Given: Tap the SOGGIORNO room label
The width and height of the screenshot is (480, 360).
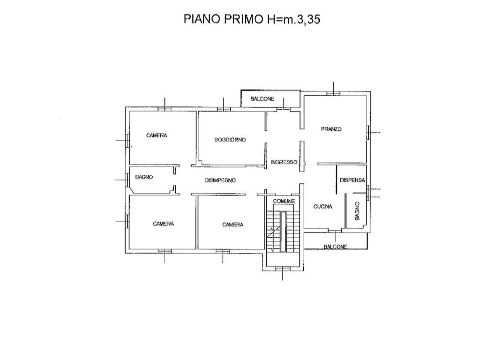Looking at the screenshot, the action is [x=230, y=140].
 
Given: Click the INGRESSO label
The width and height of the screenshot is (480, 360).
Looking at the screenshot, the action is [x=284, y=162].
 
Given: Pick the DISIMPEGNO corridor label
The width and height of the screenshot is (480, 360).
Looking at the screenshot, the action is [x=220, y=180].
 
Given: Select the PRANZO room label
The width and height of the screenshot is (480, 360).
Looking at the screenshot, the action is [x=331, y=129].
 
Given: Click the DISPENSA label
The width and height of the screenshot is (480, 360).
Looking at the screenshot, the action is [x=352, y=180].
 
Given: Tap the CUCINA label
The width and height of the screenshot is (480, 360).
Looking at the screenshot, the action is [x=322, y=207].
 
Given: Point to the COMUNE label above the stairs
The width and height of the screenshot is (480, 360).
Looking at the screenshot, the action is [x=284, y=201].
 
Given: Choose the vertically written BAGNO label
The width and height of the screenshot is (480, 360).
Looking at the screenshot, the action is [x=357, y=210].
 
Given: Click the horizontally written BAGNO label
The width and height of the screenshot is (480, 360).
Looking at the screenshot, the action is [x=144, y=177].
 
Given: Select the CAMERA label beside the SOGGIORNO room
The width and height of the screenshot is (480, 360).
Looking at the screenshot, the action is [x=157, y=135].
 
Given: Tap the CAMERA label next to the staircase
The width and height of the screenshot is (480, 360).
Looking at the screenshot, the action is [x=232, y=225].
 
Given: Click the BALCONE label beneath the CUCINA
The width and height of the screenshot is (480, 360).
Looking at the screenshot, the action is [x=336, y=247].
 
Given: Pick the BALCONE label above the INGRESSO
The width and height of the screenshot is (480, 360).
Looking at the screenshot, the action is [x=262, y=99].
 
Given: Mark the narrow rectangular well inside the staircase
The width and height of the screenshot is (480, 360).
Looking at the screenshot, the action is [x=283, y=232].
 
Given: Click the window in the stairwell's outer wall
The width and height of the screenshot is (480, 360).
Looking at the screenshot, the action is [x=283, y=269].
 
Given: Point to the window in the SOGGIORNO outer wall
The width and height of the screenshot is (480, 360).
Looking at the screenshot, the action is [x=224, y=109].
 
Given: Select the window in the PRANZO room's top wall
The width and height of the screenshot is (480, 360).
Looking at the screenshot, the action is [x=333, y=93].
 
